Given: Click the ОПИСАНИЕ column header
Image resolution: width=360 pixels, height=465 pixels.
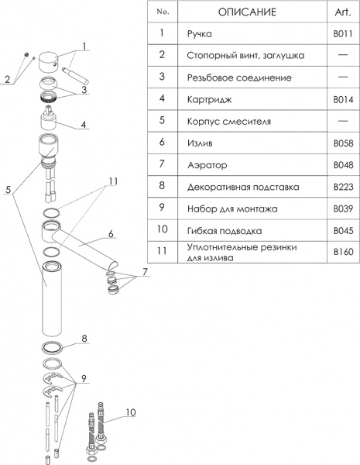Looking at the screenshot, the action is (x=247, y=12).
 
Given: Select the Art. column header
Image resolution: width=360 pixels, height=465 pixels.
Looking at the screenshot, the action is (x=343, y=12).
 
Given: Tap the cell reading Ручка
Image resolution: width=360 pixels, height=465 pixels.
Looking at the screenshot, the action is (x=200, y=34).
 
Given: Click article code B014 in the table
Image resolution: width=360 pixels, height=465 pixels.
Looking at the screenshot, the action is (x=343, y=99).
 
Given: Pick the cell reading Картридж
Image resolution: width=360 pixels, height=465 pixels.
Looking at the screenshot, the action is (x=209, y=100).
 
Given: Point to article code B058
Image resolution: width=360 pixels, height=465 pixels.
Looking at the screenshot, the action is (x=343, y=143).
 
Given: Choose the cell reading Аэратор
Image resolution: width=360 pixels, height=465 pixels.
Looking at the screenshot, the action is (x=207, y=165).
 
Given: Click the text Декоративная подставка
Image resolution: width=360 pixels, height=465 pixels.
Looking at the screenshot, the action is (x=243, y=187).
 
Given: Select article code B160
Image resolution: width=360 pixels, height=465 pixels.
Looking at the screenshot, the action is (x=343, y=252).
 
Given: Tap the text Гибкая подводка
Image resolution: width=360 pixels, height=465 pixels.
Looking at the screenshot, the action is (x=225, y=231).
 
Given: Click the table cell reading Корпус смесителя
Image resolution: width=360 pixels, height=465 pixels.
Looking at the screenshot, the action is (x=228, y=122).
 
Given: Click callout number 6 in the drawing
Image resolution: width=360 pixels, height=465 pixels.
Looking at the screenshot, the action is (x=111, y=234).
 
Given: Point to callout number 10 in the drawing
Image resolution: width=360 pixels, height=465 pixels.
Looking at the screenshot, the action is (x=131, y=412).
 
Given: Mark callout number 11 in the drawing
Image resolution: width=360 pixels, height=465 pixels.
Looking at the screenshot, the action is (x=112, y=181).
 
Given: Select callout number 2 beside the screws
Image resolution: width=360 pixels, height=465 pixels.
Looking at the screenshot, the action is (x=8, y=79).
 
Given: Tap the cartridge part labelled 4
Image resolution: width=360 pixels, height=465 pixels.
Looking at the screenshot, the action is (x=49, y=119).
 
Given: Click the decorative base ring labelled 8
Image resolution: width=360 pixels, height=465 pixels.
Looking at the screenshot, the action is (x=53, y=347).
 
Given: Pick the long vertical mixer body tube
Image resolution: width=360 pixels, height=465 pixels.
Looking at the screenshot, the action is (x=52, y=298).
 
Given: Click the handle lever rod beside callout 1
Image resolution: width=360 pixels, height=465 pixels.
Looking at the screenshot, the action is (x=75, y=76).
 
